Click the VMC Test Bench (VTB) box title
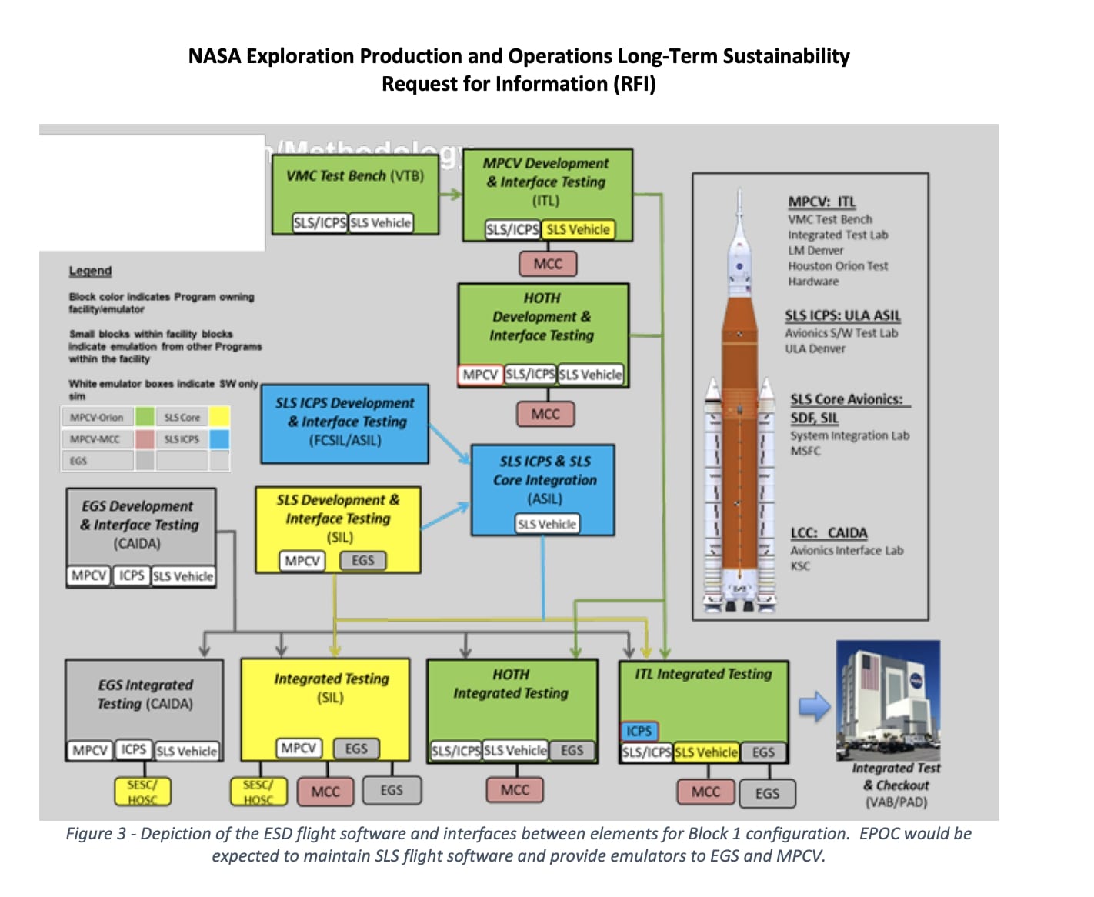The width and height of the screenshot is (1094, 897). (355, 175)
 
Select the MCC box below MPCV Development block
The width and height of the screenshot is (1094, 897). (547, 264)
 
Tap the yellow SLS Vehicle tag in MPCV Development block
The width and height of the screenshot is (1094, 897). (578, 229)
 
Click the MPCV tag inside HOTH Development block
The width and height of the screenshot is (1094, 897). (480, 375)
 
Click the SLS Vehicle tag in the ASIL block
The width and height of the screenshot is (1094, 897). (546, 524)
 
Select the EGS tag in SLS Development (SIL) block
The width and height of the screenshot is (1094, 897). (362, 561)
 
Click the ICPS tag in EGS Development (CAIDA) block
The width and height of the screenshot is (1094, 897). (131, 575)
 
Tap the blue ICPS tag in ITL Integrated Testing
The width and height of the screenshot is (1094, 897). (639, 731)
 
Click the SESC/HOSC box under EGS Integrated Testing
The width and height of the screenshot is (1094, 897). (142, 792)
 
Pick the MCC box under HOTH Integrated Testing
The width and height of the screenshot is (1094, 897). (515, 790)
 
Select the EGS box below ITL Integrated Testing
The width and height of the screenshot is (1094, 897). (766, 793)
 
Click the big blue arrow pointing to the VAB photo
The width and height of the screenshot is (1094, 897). (814, 705)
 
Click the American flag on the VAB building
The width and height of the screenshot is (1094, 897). (869, 672)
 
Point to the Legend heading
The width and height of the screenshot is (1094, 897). (90, 271)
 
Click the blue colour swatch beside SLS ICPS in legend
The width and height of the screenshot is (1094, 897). (219, 439)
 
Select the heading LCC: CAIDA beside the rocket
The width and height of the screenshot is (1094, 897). (829, 532)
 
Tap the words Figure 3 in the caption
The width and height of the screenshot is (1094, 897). (95, 834)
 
